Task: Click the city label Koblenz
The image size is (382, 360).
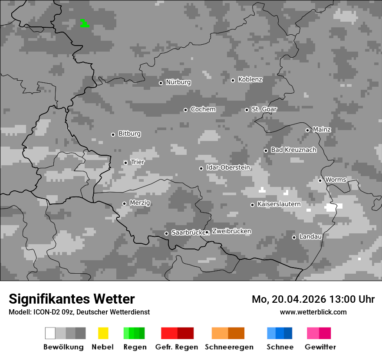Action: click(x=250, y=79)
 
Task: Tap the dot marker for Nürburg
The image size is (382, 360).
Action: click(x=161, y=83)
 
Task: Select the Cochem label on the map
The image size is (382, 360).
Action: click(x=203, y=109)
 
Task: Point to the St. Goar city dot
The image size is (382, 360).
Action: click(x=247, y=110)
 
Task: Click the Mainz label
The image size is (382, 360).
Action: click(x=322, y=130)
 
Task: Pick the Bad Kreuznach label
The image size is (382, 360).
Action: click(x=293, y=150)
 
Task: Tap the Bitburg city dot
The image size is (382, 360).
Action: click(x=113, y=134)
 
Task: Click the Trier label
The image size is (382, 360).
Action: click(x=138, y=162)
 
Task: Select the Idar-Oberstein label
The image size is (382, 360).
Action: click(x=228, y=167)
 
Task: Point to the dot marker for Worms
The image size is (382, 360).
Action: click(x=320, y=180)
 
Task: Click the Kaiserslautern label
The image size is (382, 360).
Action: click(x=279, y=204)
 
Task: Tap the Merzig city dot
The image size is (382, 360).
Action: click(x=124, y=203)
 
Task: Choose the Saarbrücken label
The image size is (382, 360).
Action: click(x=188, y=233)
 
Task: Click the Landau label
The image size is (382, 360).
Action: click(x=310, y=237)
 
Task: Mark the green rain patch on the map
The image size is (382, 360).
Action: click(x=84, y=24)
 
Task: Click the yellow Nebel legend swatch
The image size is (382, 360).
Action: click(x=103, y=333)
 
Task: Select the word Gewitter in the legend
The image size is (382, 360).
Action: click(x=320, y=347)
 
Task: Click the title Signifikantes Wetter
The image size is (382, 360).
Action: click(x=72, y=299)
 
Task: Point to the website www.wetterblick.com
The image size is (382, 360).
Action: click(x=313, y=312)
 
